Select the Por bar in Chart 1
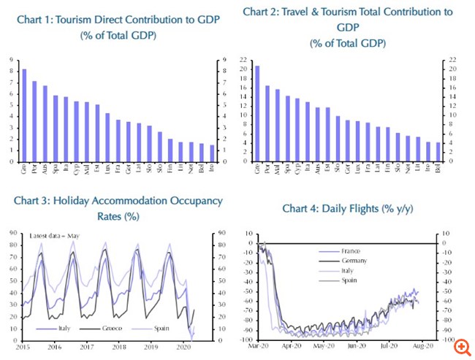click(34, 121)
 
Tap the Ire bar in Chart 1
click(213, 153)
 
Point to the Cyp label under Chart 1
click(76, 168)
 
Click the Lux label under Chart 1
click(107, 168)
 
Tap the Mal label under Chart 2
click(277, 169)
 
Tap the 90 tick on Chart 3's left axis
click(14, 232)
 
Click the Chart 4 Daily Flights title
click(347, 209)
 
